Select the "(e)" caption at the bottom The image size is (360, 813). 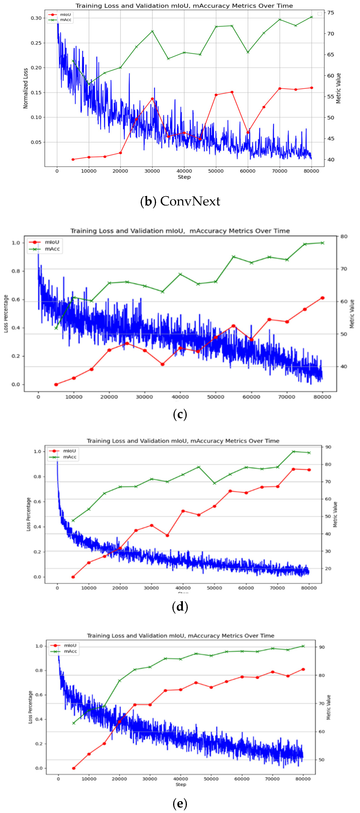(180, 803)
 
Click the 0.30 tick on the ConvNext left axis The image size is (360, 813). (36, 18)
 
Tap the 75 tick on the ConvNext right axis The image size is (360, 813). (331, 13)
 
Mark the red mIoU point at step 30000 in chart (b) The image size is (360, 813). (152, 99)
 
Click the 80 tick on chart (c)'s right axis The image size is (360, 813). (344, 236)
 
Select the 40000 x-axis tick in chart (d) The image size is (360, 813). (183, 588)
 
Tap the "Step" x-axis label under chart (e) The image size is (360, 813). (181, 784)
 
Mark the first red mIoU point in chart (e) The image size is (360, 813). (74, 768)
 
